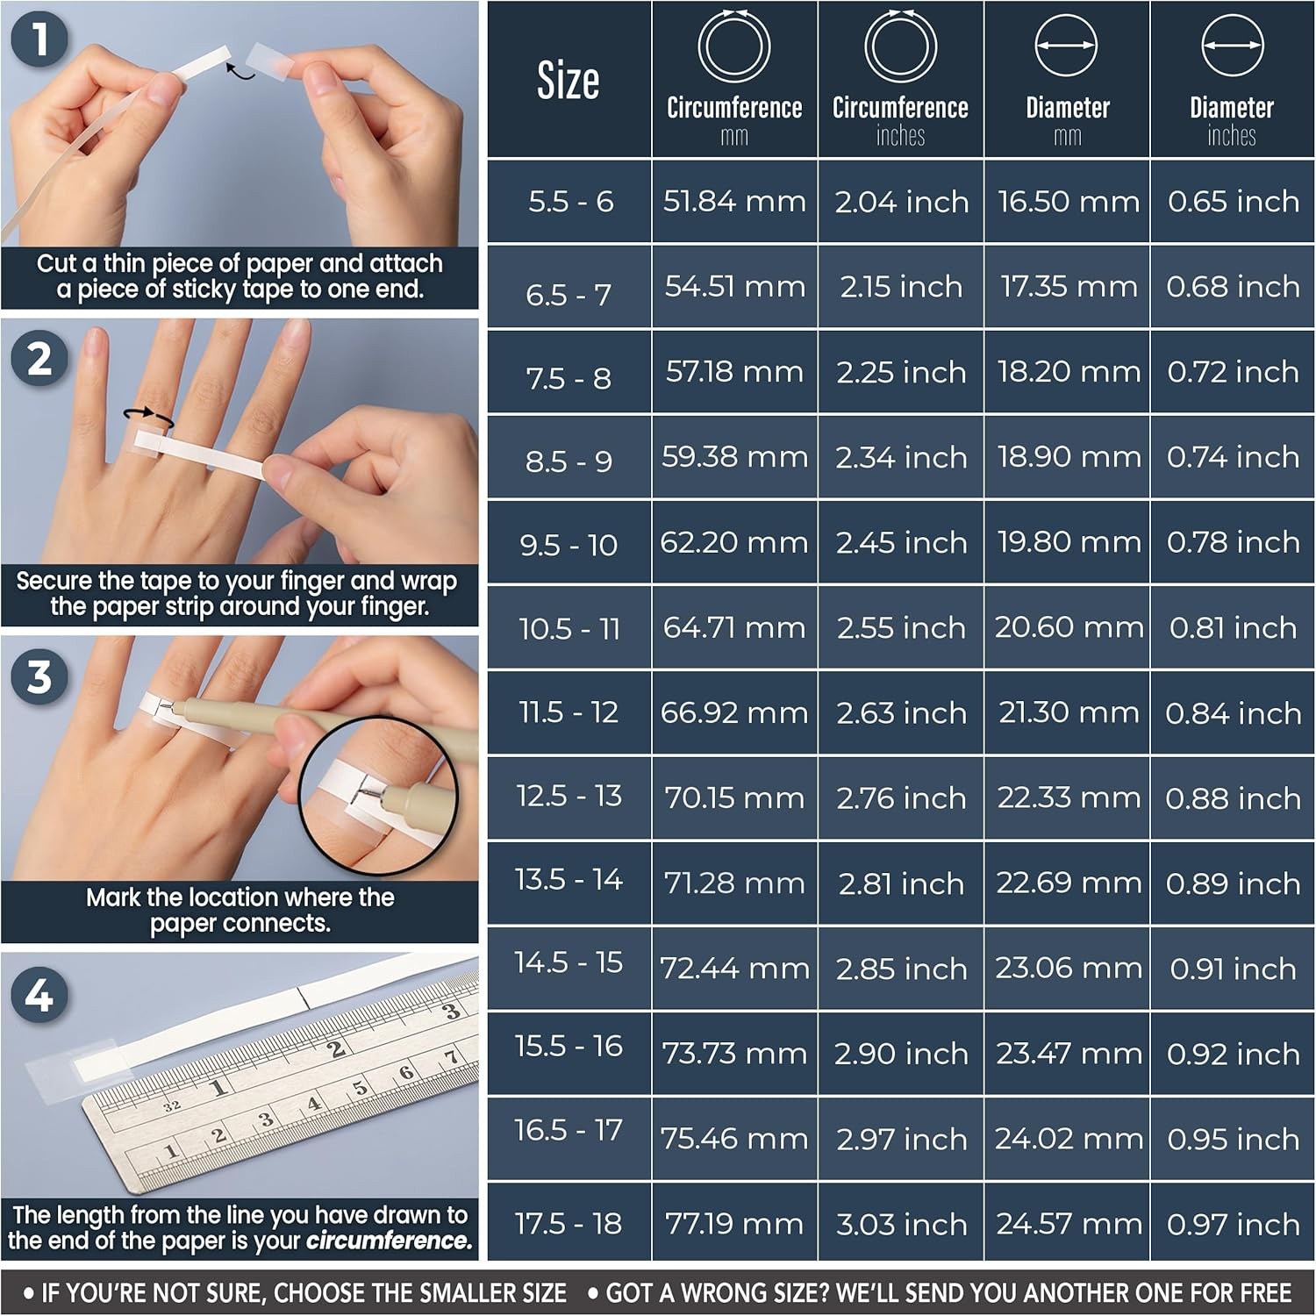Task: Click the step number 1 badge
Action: [x=39, y=39]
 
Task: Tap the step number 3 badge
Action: [x=39, y=677]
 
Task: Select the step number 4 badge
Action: [x=39, y=995]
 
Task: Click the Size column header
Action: [x=569, y=81]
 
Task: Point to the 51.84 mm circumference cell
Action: [x=734, y=202]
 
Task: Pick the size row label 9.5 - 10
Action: [x=569, y=545]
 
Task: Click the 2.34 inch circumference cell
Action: [x=901, y=457]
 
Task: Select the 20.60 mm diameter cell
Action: [x=1068, y=627]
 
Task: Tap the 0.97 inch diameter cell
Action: [x=1233, y=1224]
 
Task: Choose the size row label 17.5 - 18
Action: [x=569, y=1223]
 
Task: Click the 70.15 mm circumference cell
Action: [x=734, y=798]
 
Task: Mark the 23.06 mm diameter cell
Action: [x=1068, y=968]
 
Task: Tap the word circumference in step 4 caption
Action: [x=389, y=1241]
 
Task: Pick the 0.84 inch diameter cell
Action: [x=1233, y=713]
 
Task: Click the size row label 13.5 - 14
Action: [x=569, y=879]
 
